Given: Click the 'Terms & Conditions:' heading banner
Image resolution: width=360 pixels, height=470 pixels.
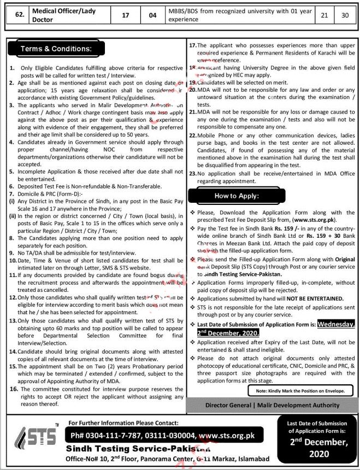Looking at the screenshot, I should click(x=56, y=49).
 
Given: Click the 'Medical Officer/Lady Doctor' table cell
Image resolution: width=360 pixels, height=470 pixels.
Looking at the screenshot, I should click(x=66, y=15).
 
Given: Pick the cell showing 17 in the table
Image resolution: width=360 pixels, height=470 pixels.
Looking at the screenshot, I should click(x=126, y=15).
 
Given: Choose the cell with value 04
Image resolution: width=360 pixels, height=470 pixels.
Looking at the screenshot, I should click(x=152, y=15).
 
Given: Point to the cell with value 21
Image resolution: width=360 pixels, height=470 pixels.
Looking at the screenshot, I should click(x=324, y=15).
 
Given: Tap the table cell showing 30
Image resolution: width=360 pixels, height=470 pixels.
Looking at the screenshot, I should click(x=344, y=15).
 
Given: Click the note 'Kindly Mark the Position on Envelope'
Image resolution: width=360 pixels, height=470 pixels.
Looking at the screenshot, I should click(x=300, y=391).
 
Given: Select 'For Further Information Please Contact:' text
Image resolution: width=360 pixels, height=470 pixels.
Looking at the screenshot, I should click(x=123, y=422).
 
